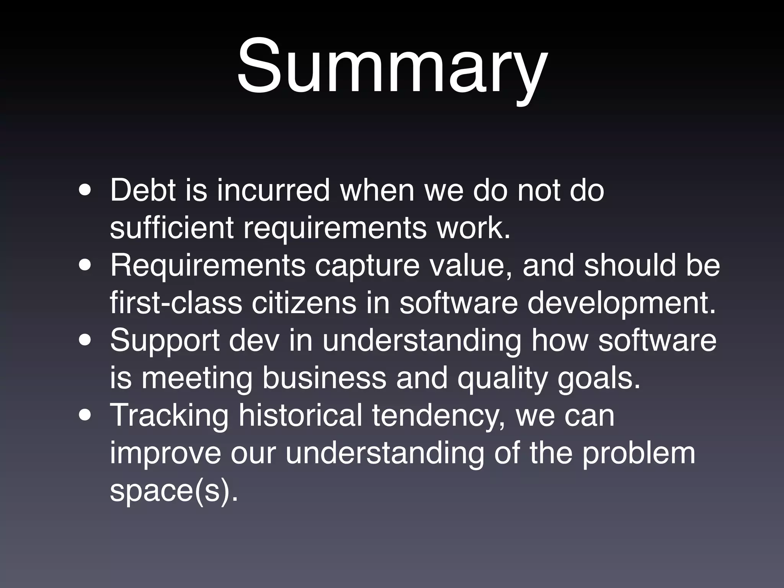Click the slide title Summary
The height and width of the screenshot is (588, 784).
392,67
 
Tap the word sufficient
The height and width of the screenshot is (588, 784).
171,227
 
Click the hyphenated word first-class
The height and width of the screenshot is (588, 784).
176,302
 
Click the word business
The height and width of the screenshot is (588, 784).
324,377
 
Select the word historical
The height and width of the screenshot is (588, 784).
300,415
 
